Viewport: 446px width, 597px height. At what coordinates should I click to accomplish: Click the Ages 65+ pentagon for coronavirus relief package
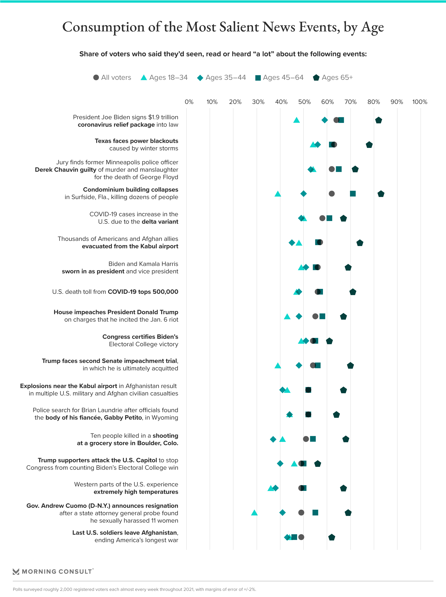[x=378, y=120]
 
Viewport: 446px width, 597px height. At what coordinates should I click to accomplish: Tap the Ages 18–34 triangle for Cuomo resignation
[x=254, y=513]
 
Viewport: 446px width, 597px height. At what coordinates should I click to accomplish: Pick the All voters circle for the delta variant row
[x=322, y=218]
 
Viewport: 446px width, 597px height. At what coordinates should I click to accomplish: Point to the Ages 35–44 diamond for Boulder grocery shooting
[x=273, y=439]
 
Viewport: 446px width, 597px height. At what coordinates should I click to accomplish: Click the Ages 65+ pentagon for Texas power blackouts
[x=369, y=145]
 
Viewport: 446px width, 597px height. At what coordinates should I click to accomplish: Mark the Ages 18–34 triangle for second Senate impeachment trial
[x=278, y=366]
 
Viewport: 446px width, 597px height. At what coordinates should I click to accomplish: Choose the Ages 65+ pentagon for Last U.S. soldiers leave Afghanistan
[x=332, y=537]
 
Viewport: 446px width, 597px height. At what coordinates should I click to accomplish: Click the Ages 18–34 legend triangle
[x=144, y=78]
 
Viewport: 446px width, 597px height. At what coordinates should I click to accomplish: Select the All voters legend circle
[x=96, y=78]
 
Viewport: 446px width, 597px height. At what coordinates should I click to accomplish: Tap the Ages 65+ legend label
[x=337, y=78]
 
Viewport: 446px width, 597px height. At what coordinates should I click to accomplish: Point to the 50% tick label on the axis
[x=304, y=102]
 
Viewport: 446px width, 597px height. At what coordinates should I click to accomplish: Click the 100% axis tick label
[x=420, y=102]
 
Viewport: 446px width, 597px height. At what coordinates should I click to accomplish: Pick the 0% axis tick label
[x=189, y=102]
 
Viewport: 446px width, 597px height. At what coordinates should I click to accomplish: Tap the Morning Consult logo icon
[x=16, y=571]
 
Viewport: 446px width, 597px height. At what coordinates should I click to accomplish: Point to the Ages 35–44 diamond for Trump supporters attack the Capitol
[x=280, y=464]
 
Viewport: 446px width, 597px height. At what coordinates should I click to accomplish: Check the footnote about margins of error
[x=134, y=589]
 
